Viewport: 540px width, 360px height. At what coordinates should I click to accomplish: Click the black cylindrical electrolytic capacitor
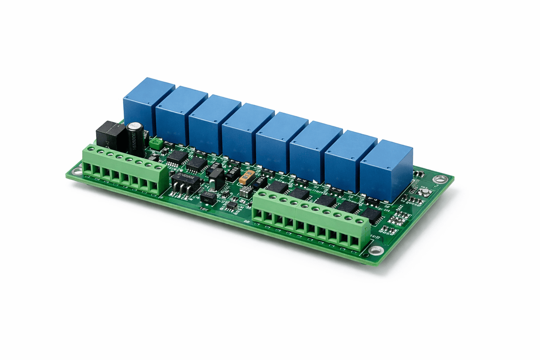(x=135, y=138)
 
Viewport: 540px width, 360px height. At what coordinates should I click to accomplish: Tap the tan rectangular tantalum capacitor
(x=246, y=177)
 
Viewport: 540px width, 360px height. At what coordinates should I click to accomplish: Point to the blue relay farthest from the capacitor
(x=386, y=170)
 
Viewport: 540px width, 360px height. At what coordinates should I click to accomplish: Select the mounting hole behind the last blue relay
(x=440, y=179)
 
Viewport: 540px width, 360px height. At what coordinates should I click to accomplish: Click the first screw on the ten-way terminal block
(x=262, y=194)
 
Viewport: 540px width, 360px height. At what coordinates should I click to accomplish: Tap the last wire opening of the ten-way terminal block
(x=355, y=241)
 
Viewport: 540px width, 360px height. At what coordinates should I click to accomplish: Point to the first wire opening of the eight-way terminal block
(x=87, y=168)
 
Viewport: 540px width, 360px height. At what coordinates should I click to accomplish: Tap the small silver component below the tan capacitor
(x=246, y=192)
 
